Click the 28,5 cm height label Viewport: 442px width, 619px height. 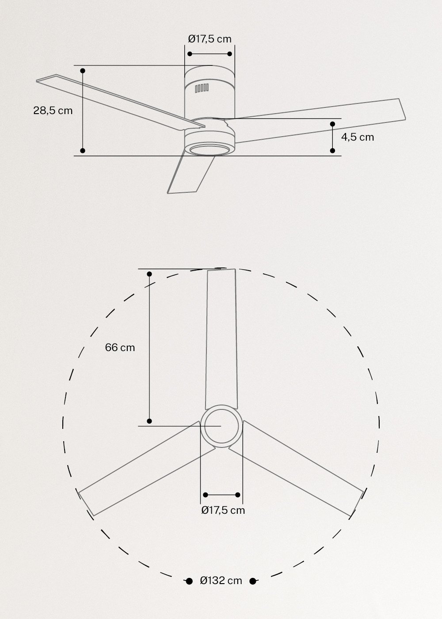(x=53, y=111)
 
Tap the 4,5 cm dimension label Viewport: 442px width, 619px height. (x=357, y=137)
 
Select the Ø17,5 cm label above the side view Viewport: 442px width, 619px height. (x=210, y=39)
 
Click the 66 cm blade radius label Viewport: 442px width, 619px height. (x=120, y=348)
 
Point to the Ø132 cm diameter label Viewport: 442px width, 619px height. (x=221, y=581)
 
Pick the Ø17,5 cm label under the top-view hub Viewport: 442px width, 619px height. (x=223, y=510)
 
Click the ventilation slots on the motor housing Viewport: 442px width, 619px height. (x=202, y=88)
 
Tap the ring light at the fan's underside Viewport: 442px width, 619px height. (x=209, y=149)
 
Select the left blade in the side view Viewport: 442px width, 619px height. (x=119, y=102)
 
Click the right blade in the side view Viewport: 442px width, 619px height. (x=323, y=122)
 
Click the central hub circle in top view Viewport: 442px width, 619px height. (x=221, y=426)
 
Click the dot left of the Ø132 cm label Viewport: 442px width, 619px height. (x=189, y=581)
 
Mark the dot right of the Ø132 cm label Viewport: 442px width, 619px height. (x=253, y=581)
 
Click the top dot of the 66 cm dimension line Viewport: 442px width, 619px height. (x=149, y=274)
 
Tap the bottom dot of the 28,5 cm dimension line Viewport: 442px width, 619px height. (x=83, y=151)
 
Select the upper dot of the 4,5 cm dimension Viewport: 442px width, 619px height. (x=332, y=124)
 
